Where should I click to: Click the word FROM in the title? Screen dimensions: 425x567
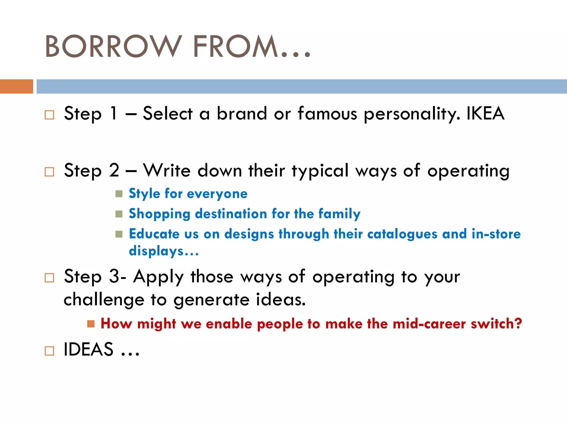[x=235, y=46]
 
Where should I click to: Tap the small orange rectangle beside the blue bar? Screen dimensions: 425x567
[x=16, y=86]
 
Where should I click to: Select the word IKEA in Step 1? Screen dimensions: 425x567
[x=485, y=113]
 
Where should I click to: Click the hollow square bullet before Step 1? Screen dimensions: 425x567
[x=49, y=115]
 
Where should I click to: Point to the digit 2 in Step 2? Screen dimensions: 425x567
[x=114, y=170]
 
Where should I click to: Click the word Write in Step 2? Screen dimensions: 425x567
[x=167, y=170]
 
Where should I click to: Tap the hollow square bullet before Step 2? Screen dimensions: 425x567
[x=49, y=172]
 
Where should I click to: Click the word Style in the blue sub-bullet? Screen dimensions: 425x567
[x=144, y=194]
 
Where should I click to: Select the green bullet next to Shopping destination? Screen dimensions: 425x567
[x=119, y=214]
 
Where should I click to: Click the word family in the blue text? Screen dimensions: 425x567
[x=339, y=214]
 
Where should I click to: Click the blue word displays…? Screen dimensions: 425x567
[x=164, y=251]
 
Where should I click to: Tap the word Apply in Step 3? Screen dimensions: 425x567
[x=158, y=277]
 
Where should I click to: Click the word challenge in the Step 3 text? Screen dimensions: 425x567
[x=104, y=300]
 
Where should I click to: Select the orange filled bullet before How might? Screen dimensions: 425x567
[x=91, y=324]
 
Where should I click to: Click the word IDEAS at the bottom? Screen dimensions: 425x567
[x=89, y=349]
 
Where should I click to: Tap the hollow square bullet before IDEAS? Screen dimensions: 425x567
[x=49, y=351]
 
